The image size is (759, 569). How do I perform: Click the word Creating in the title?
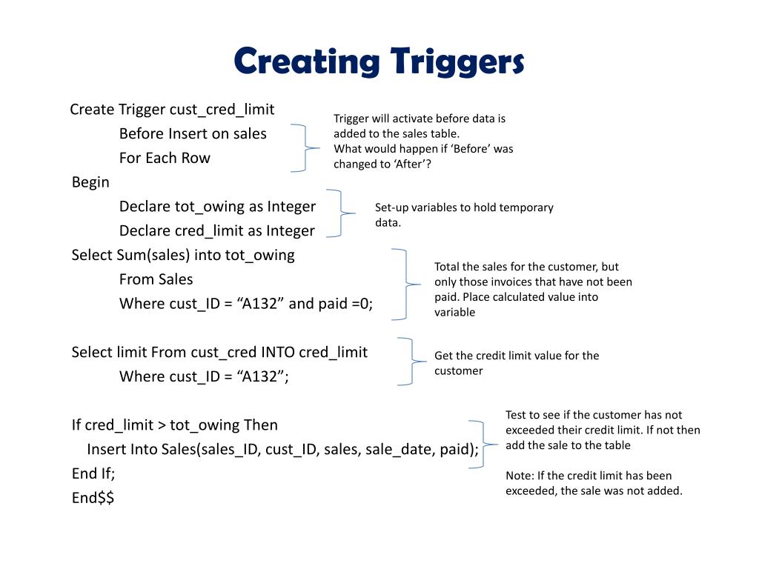coord(305,62)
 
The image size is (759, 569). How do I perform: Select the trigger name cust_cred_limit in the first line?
coord(222,110)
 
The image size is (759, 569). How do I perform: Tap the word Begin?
coord(90,182)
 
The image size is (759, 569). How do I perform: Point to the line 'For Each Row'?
coord(165,158)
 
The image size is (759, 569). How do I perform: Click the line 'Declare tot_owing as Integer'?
coord(217,207)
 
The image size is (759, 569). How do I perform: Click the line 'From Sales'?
coord(156,279)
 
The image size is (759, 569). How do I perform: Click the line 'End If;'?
coord(93,473)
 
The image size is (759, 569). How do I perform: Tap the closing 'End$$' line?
coord(93,498)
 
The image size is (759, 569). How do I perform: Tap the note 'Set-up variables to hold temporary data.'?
coord(464,215)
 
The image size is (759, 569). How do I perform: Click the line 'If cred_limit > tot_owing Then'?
coord(174,425)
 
